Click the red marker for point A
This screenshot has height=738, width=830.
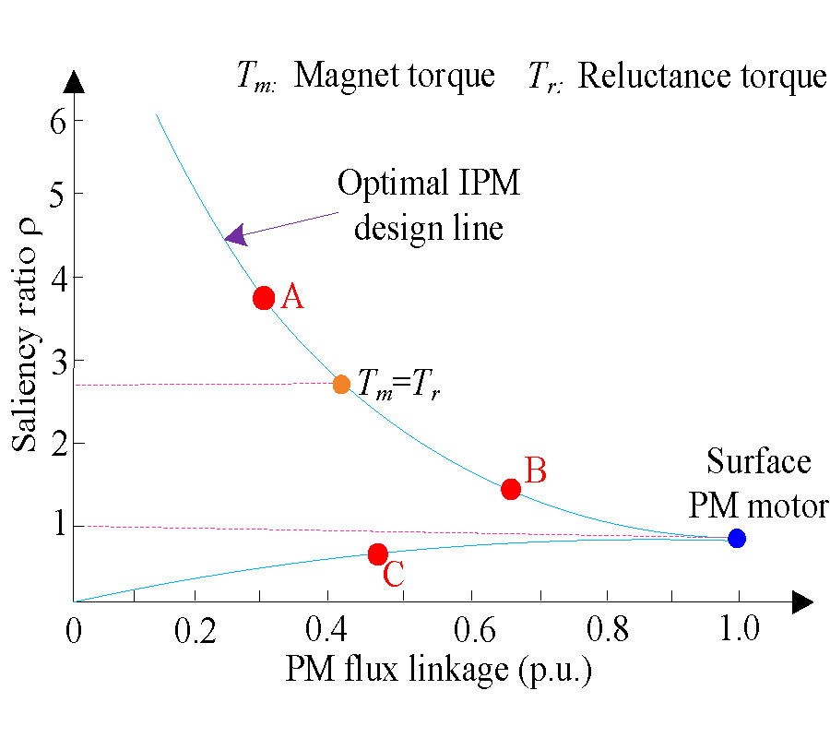click(264, 298)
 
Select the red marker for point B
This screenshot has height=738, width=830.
click(511, 489)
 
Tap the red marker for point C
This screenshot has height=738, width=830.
click(377, 554)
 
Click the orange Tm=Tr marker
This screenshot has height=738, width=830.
click(341, 385)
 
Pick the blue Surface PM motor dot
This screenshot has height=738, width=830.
click(736, 538)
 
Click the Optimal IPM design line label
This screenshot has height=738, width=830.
click(429, 205)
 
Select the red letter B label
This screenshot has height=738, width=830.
click(536, 470)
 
